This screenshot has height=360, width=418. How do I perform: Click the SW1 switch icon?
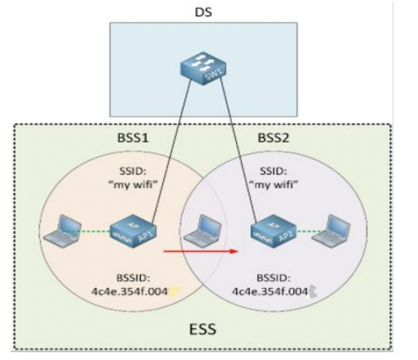[202, 69]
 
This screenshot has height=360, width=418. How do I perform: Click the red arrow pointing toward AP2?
[200, 252]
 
